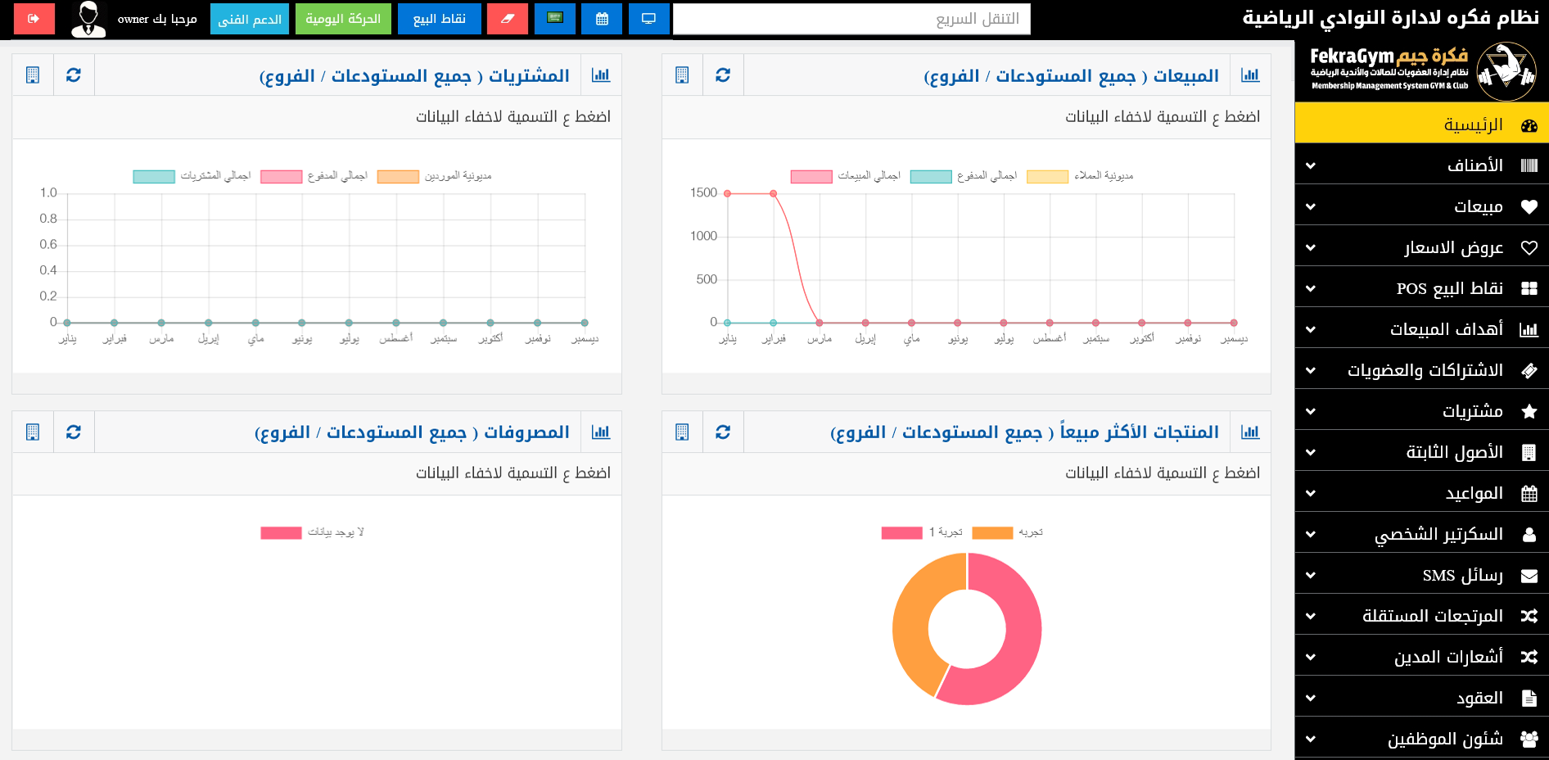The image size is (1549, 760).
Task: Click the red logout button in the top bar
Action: (34, 19)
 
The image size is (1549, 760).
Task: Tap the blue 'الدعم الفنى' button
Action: (250, 19)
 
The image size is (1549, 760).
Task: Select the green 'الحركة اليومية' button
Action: (343, 19)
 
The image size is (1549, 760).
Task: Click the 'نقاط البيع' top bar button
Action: (440, 19)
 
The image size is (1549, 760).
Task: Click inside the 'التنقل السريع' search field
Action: (851, 19)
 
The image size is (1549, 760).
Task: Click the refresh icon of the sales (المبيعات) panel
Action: (723, 75)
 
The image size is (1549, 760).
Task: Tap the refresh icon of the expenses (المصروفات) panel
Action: (74, 432)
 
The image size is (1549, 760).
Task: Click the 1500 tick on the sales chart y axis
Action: (703, 193)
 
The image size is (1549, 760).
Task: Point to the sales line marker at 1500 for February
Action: (773, 194)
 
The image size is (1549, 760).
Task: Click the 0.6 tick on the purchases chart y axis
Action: (48, 245)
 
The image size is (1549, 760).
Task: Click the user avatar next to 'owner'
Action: (88, 19)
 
